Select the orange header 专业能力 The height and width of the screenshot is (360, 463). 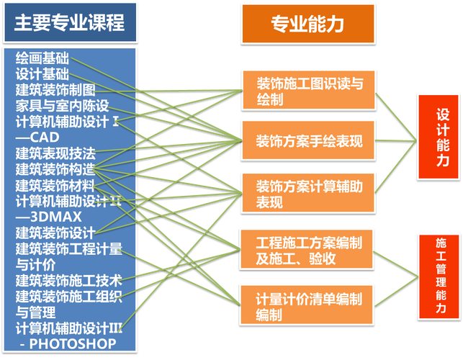307,25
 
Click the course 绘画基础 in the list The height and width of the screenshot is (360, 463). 42,58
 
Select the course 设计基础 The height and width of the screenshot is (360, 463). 42,74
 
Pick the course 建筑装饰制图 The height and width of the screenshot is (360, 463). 55,90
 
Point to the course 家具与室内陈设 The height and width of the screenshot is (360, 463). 62,105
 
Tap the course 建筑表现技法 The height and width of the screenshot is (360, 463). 55,153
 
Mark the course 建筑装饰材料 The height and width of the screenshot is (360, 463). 55,184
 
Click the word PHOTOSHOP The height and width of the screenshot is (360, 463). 73,343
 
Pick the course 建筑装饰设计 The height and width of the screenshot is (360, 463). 55,232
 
